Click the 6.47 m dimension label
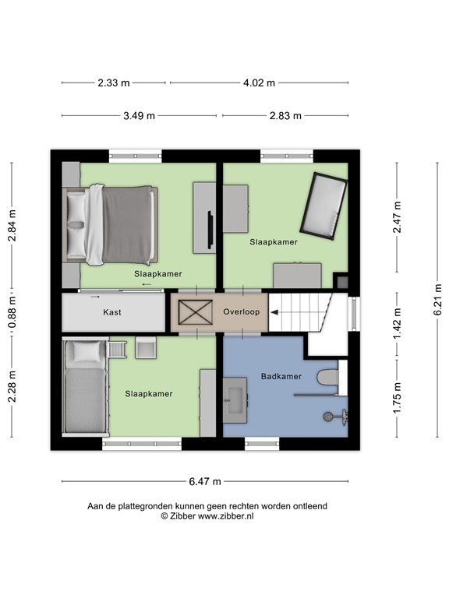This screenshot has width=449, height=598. click(x=204, y=480)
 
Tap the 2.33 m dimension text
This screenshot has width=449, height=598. click(x=115, y=83)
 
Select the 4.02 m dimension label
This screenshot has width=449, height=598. click(x=260, y=83)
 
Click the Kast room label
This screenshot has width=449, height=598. click(x=112, y=312)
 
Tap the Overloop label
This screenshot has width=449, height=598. click(x=241, y=311)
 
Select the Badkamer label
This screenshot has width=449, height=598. click(x=281, y=376)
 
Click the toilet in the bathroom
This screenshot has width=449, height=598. click(x=327, y=378)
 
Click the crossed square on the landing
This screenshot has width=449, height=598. click(x=191, y=311)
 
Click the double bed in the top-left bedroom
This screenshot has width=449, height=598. click(x=113, y=224)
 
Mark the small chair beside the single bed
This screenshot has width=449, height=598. click(x=146, y=347)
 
